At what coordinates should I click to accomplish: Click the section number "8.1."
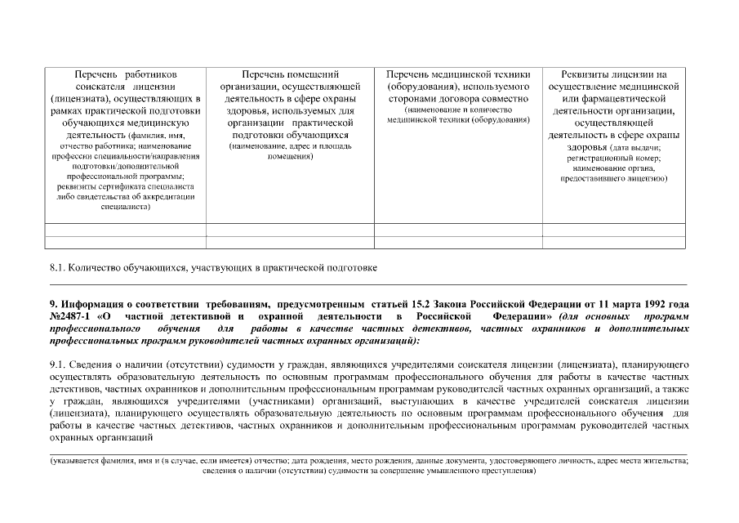pos(57,267)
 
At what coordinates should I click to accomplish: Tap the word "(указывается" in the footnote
pos(77,462)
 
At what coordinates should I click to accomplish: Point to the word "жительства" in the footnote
pos(660,462)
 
